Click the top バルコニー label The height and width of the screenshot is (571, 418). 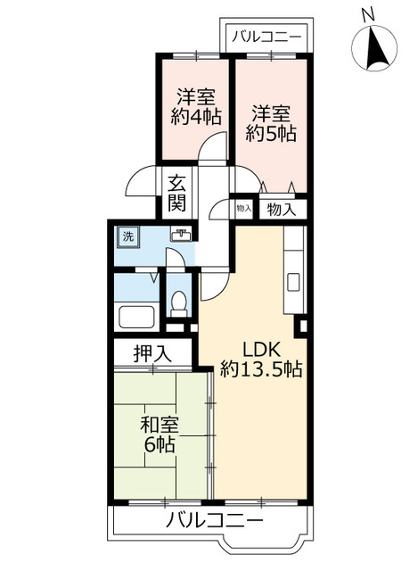(268, 37)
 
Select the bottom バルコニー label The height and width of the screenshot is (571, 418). (214, 521)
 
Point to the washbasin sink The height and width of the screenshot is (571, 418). (183, 235)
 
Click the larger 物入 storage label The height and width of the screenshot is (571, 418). (282, 210)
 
